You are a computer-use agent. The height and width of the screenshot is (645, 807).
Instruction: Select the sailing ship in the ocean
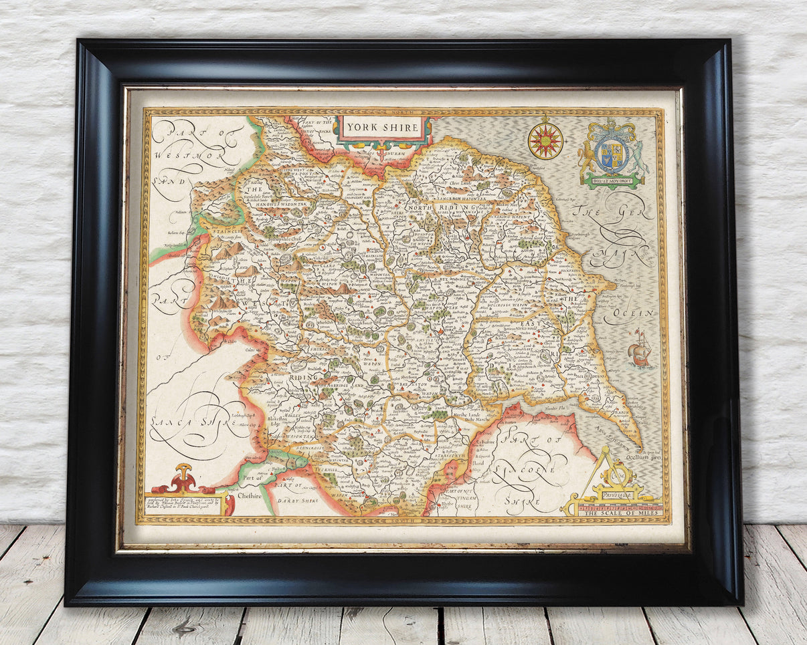click(x=640, y=349)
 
